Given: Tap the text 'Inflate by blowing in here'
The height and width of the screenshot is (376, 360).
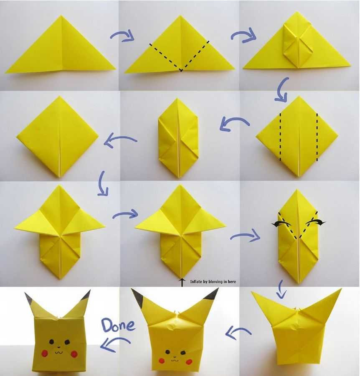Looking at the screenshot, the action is (213, 282).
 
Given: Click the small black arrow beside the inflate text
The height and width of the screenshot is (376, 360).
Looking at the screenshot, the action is (182, 282).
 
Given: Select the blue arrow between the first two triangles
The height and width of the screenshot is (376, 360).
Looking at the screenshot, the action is (122, 36).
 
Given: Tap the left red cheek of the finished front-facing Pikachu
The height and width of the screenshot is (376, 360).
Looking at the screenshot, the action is (45, 353).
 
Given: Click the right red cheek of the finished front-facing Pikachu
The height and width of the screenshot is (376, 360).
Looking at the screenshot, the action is (74, 353).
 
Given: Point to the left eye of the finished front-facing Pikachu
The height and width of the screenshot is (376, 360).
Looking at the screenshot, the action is (51, 341).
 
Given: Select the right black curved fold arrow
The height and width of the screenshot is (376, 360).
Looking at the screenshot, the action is (316, 222).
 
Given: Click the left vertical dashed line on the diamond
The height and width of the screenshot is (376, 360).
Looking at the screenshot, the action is (280, 137).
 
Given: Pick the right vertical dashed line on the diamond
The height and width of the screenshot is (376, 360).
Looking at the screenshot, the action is (317, 137).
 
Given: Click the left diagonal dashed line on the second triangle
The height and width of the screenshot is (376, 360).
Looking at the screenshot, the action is (165, 57).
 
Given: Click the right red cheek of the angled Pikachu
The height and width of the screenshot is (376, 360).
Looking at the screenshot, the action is (190, 361).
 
